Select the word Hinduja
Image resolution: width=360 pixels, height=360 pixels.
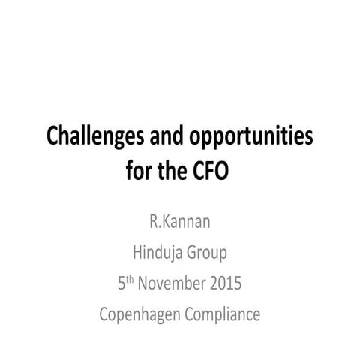160,255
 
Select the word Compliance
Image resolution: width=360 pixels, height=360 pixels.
224,314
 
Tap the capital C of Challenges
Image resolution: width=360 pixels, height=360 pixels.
54,137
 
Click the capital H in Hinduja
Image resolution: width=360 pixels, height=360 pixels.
136,255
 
